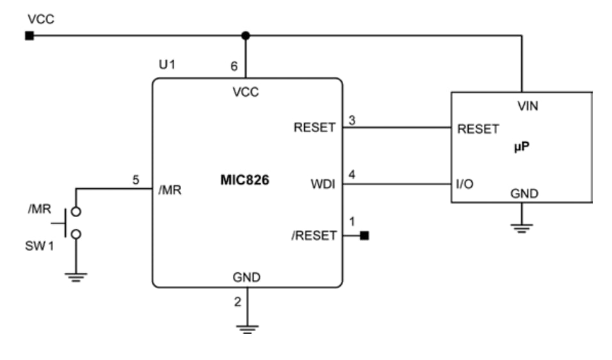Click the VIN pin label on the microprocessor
coord(527,106)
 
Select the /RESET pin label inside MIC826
coord(314,235)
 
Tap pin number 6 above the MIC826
coord(235,66)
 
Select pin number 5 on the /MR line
coord(135,180)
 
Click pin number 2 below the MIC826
coord(237,301)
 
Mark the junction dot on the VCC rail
coord(245,36)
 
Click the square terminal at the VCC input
coord(29,36)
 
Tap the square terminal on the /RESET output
coord(364,236)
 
